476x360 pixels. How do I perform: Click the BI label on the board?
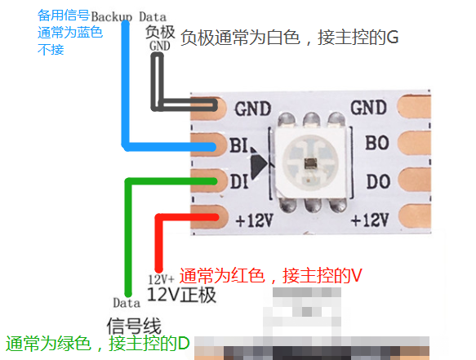238,145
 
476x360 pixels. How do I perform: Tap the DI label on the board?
239,181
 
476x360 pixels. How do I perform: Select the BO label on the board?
377,143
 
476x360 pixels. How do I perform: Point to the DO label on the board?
378,181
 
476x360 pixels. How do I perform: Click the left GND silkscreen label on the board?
253,109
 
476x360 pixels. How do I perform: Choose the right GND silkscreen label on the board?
368,108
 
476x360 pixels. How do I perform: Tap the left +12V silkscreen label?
255,220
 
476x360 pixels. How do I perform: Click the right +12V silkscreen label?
370,220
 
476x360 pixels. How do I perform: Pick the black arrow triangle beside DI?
259,164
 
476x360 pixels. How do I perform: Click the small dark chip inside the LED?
310,164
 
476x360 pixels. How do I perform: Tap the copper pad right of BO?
414,144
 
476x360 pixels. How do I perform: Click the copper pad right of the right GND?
414,107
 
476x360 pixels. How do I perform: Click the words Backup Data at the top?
129,17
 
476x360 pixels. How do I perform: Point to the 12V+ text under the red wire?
161,279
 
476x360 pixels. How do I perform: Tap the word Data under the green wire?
127,303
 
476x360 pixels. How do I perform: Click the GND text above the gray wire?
160,46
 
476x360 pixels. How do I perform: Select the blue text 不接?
51,50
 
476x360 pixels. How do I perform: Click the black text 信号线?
134,326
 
